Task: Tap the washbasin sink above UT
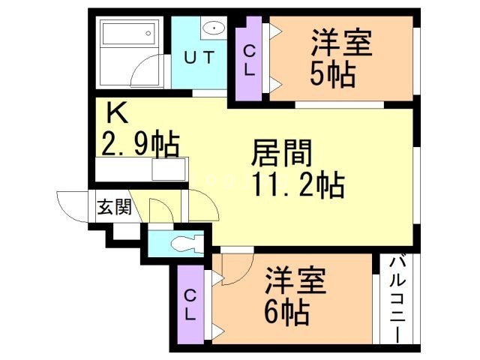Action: tap(214, 29)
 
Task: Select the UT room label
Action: tap(199, 57)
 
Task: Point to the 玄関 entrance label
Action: tap(114, 207)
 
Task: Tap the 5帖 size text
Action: tap(332, 73)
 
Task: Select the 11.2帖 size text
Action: tap(297, 183)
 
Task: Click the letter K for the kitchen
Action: tap(116, 113)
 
